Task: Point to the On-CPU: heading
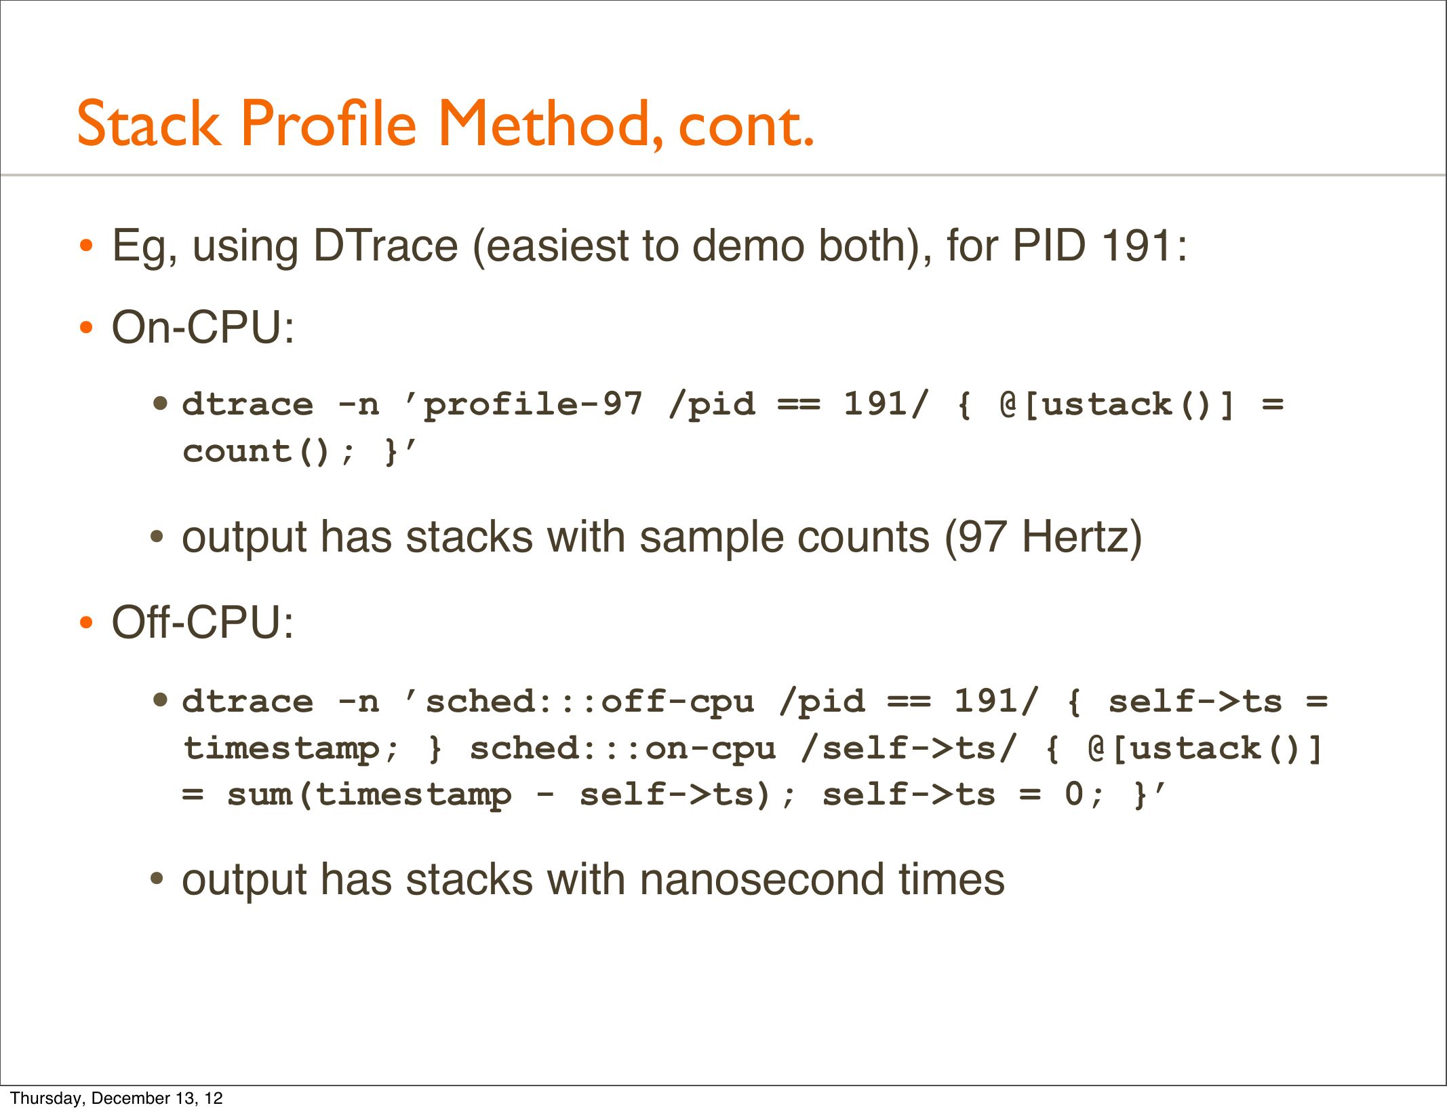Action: pos(203,328)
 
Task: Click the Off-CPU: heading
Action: pos(203,622)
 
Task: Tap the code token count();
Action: pos(269,452)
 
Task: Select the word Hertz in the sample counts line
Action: pos(1082,537)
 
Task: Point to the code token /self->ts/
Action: pos(909,748)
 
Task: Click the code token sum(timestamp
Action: pos(369,795)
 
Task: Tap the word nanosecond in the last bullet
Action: pos(761,880)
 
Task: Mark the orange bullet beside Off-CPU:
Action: pos(85,623)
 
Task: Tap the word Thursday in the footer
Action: pos(47,1098)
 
